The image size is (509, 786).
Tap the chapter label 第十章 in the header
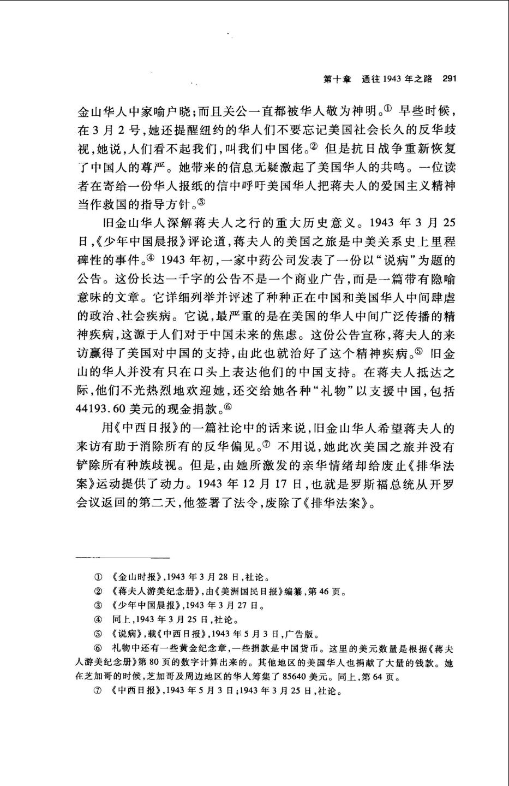tap(334, 79)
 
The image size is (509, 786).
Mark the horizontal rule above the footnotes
tap(123, 558)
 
